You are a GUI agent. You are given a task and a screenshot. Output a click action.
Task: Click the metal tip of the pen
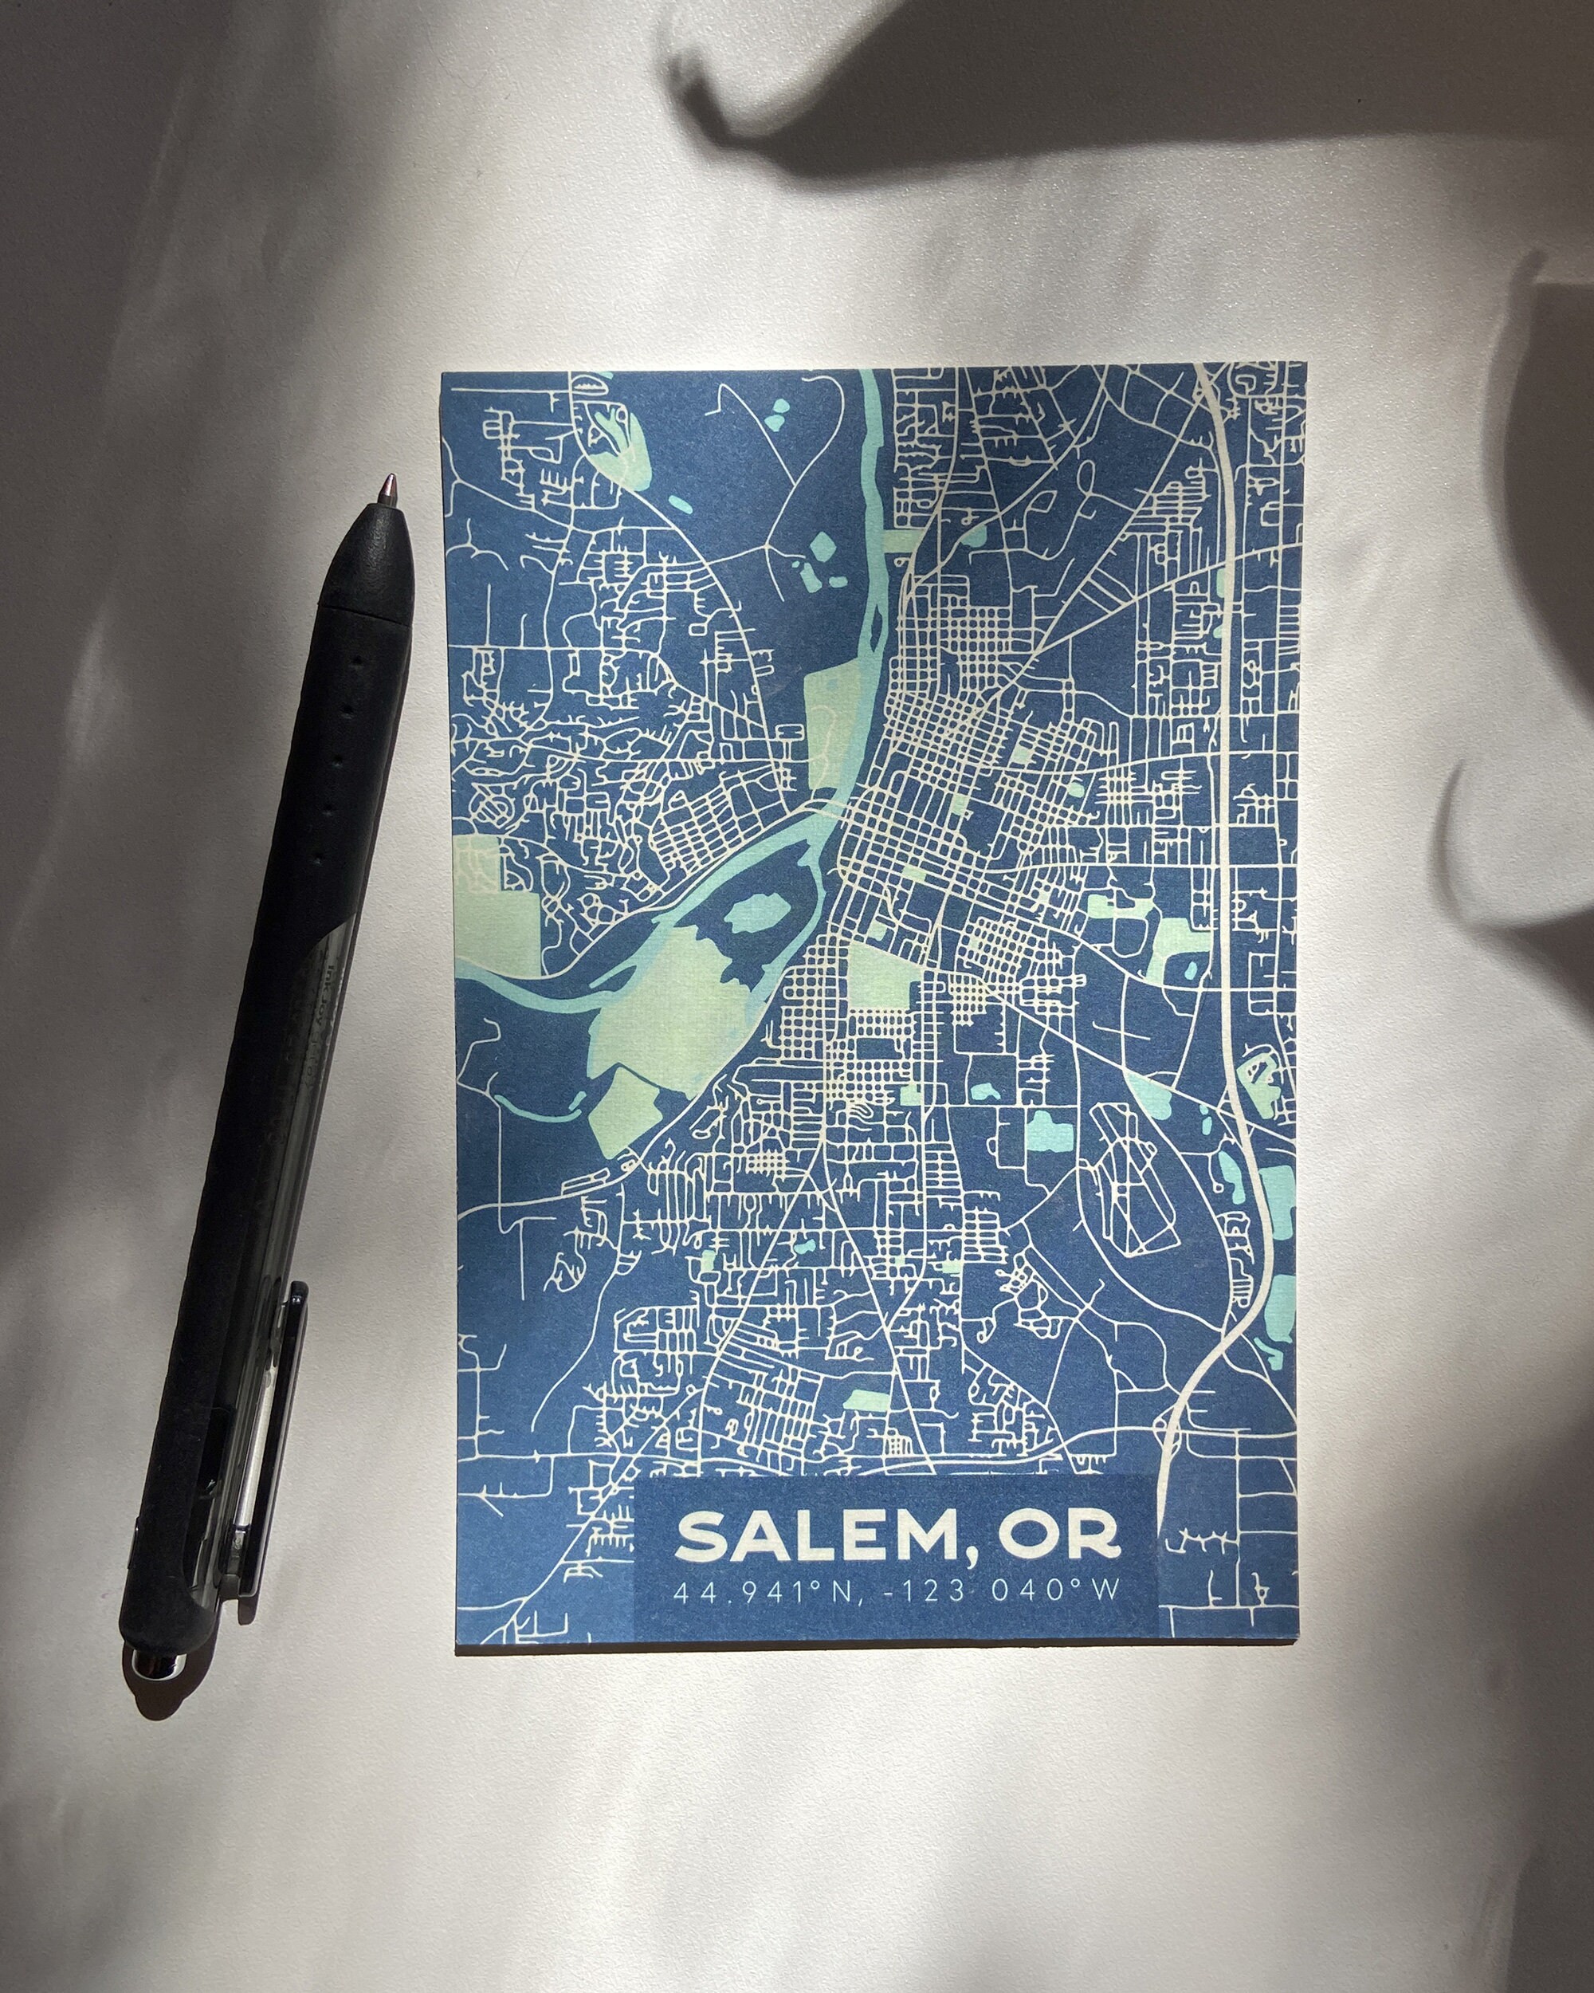tap(391, 485)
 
